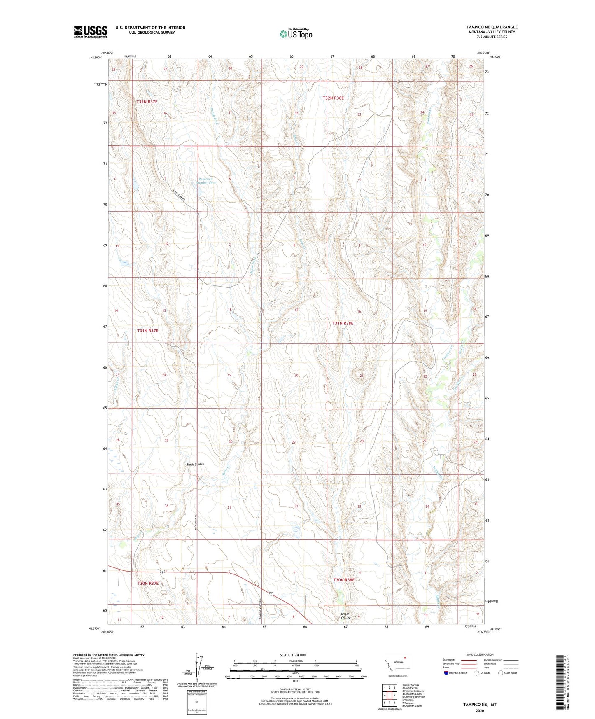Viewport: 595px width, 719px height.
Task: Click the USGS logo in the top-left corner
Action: coord(90,32)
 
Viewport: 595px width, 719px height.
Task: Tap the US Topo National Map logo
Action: coord(295,33)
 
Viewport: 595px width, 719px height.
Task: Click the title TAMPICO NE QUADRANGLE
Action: coord(492,27)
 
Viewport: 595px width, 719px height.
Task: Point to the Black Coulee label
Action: coord(195,464)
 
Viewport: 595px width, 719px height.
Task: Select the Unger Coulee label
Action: coord(345,616)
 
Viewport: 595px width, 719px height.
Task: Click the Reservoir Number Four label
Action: coord(207,180)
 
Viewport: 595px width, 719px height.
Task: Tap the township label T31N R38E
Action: coord(343,323)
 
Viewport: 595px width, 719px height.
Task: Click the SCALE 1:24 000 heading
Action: coord(293,655)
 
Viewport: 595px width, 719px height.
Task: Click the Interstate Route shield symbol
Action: coord(447,673)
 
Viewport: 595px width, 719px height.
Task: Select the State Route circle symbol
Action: coord(501,673)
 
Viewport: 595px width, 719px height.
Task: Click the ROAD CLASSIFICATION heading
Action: coord(480,654)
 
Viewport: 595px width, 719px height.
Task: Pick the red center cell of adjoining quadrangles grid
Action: coord(389,695)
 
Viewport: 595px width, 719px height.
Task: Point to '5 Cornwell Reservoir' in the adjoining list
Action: coord(413,697)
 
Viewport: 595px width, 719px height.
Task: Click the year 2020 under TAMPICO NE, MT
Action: coord(480,710)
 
